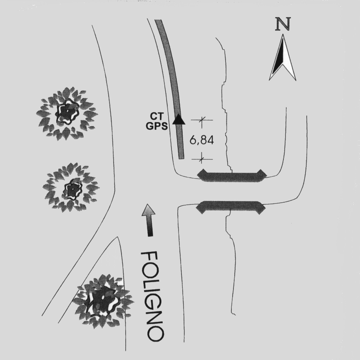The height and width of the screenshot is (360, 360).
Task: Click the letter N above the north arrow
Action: pos(283,25)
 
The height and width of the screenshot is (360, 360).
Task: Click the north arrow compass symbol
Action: pos(283,58)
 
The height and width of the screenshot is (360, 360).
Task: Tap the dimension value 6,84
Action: pos(202,140)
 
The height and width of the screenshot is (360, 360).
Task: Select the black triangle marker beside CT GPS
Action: pos(178,119)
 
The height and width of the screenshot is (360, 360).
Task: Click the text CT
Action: pos(156,119)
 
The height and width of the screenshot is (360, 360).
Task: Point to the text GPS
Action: pos(156,127)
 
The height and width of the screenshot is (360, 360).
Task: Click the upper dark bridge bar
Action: pos(231,176)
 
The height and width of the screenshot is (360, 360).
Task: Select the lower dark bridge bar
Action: pos(231,206)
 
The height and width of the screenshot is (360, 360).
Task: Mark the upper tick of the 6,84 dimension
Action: pos(202,120)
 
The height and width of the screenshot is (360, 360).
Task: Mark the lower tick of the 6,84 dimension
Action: pos(202,159)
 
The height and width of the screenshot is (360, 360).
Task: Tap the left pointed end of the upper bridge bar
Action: pos(200,176)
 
